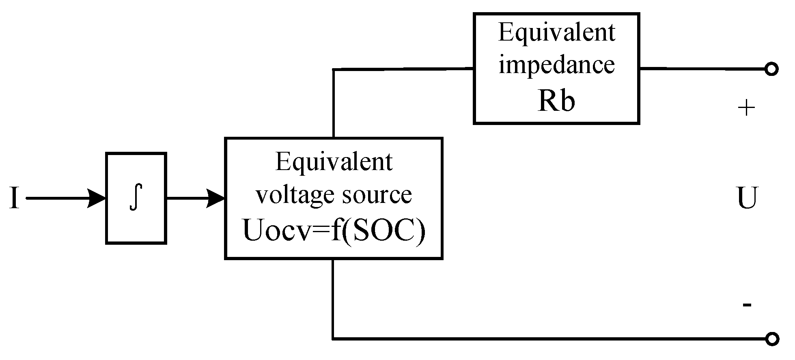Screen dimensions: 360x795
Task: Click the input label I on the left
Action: tap(15, 198)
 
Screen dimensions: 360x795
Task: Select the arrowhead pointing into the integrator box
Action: tap(97, 198)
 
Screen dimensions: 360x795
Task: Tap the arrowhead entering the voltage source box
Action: tap(216, 198)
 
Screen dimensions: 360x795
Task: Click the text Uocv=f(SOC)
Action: tap(334, 231)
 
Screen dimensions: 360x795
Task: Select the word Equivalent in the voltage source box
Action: tap(334, 162)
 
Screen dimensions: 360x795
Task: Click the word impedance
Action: tap(556, 65)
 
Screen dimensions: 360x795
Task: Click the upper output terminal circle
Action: tap(771, 69)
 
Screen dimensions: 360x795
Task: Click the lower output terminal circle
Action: tap(771, 338)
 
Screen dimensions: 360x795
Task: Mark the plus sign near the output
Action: tap(746, 108)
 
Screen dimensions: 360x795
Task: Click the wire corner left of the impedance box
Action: tap(333, 70)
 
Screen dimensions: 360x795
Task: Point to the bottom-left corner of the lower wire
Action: tap(333, 338)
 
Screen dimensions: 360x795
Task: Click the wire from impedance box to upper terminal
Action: tap(702, 69)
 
